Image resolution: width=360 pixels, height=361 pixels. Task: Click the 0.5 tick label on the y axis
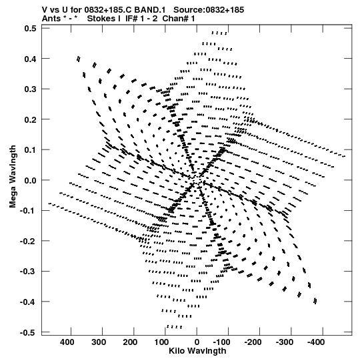(x=30, y=29)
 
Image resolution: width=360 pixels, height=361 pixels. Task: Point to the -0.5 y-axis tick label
(x=28, y=333)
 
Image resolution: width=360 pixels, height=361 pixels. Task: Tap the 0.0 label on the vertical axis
(x=30, y=180)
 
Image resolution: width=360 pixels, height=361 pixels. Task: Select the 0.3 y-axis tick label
(x=30, y=89)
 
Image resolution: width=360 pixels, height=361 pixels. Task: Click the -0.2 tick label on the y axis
(x=28, y=242)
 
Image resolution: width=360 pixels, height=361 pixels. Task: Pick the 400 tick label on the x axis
(x=67, y=342)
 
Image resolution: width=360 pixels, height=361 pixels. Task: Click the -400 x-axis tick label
(x=316, y=342)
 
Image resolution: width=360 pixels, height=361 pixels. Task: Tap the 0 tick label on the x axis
(x=197, y=342)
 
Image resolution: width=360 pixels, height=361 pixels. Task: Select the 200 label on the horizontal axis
(x=130, y=342)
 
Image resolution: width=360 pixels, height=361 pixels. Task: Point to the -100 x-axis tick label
(x=222, y=342)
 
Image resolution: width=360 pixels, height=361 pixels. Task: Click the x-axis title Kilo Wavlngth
(x=197, y=351)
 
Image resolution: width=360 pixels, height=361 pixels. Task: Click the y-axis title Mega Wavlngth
(x=13, y=177)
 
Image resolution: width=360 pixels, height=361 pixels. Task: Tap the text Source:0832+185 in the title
(x=209, y=10)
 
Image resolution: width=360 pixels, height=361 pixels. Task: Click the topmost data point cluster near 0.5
(x=219, y=33)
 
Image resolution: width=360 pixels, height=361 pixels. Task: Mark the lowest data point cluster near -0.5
(x=175, y=326)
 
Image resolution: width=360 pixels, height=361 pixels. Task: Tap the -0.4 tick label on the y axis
(x=28, y=302)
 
